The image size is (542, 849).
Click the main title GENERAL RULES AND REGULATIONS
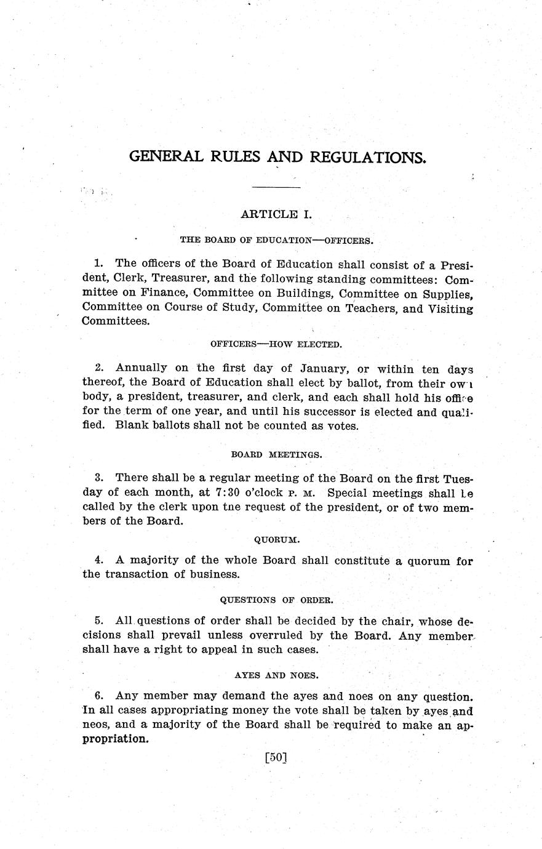[x=277, y=156]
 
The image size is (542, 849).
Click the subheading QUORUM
[x=277, y=540]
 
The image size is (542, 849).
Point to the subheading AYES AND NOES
[x=277, y=675]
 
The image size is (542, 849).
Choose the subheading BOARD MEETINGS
[x=277, y=455]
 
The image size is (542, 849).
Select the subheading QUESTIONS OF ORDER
[x=277, y=600]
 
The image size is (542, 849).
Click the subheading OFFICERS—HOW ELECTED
[x=276, y=344]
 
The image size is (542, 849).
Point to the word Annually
[x=141, y=368]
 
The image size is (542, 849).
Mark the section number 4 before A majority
[x=98, y=560]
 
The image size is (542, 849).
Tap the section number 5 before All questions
[x=98, y=621]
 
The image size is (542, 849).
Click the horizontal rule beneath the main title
[x=276, y=187]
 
